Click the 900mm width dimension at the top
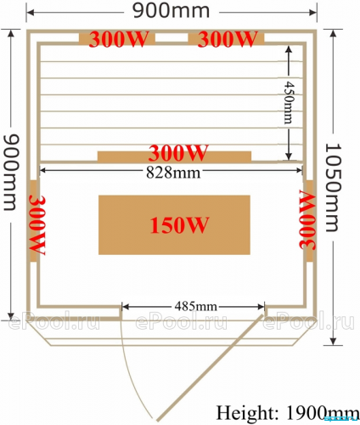point(172,11)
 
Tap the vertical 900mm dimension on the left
point(11,173)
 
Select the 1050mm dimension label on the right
point(334,188)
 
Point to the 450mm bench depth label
point(289,103)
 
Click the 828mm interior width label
point(173,173)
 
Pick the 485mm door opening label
point(196,306)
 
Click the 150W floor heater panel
point(174,224)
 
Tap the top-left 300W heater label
point(118,39)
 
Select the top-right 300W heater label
point(228,39)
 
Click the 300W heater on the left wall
point(37,225)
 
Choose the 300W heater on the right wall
point(307,220)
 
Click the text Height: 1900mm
point(286,413)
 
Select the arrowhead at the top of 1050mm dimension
point(334,33)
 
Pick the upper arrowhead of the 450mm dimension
point(289,50)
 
